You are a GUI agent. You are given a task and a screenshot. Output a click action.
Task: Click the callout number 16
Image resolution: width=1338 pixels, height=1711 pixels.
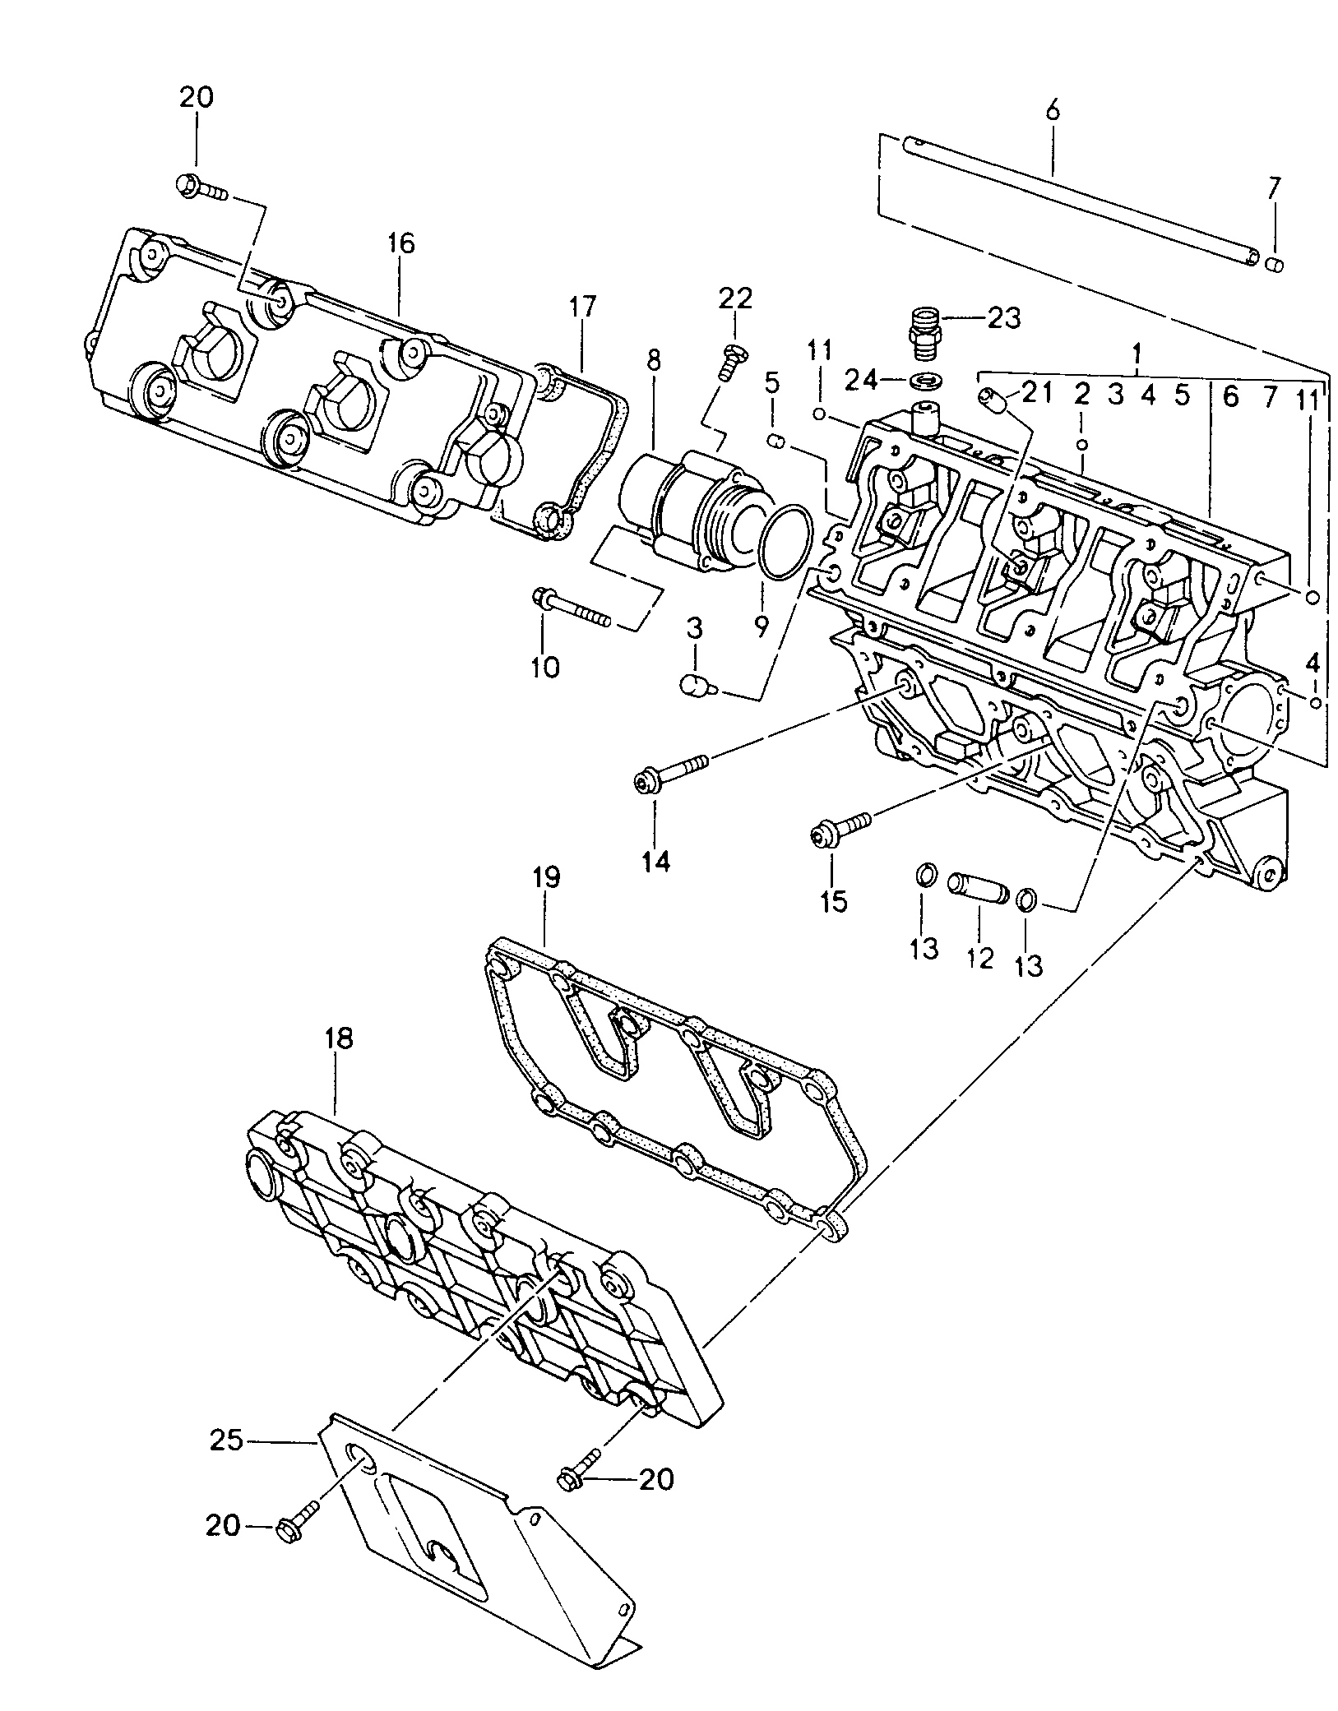tap(402, 244)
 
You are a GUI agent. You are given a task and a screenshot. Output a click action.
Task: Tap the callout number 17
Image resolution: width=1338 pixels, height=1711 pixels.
tap(582, 308)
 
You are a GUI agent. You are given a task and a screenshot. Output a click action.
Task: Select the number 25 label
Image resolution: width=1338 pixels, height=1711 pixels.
tap(226, 1440)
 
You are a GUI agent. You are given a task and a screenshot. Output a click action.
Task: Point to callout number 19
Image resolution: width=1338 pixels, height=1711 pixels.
tap(545, 877)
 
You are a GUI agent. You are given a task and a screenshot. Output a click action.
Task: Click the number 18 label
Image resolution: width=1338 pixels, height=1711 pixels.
tap(338, 1039)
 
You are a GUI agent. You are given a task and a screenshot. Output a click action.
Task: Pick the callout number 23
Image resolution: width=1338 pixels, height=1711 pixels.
tap(1003, 317)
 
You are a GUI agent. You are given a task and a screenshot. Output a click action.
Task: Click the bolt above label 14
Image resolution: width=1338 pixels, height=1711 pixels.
tap(670, 772)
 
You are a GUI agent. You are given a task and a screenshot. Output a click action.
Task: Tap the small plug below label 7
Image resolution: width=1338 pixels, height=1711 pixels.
tap(1275, 263)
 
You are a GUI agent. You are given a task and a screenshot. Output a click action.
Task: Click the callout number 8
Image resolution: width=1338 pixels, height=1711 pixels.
tap(654, 360)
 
